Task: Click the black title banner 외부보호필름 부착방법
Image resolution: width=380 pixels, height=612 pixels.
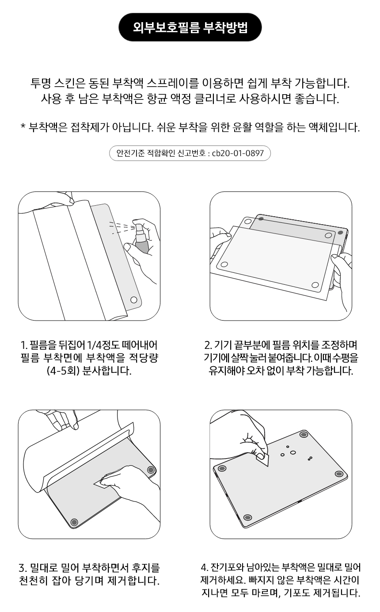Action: coord(190,27)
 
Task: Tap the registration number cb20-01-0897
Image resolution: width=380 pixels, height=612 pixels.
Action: coord(238,153)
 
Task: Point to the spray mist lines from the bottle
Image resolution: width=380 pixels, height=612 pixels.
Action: coord(122,227)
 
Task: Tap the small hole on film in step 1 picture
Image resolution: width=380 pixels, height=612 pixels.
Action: coord(134,300)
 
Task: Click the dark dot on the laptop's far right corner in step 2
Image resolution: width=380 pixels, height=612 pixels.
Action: coord(340,233)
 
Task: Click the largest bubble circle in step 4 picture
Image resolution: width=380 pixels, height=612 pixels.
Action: coord(293,452)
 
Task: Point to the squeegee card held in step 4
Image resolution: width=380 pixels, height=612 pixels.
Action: coord(262,460)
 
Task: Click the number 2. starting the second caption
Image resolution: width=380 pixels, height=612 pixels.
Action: coord(208,345)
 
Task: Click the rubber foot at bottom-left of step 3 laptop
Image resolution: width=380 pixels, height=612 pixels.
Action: coord(74,522)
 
